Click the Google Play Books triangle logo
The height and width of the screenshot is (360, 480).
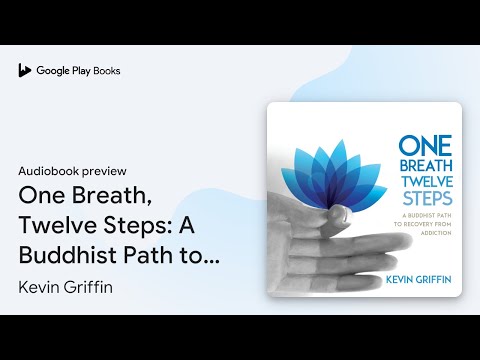(x=24, y=71)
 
